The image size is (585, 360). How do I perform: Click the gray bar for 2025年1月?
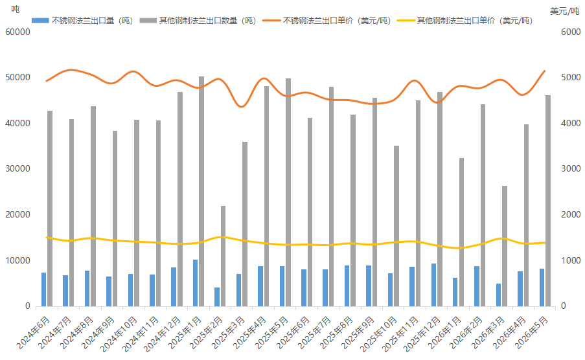pos(201,192)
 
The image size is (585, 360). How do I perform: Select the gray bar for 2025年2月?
pos(223,256)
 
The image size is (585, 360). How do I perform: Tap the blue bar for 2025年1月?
pos(195,283)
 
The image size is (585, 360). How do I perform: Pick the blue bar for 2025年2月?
pos(217,297)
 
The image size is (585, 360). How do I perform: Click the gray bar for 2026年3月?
pos(505,246)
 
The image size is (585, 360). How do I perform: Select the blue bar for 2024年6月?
pos(43,289)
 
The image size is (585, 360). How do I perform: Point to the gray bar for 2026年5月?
pos(548,201)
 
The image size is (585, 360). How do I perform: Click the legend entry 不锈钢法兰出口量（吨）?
pos(82,21)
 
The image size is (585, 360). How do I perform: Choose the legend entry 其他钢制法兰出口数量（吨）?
pos(198,21)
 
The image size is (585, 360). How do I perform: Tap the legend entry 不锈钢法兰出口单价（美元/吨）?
pos(327,21)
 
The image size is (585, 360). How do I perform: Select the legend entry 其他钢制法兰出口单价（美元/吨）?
pos(465,21)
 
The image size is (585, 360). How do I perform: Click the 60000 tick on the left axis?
pos(18,32)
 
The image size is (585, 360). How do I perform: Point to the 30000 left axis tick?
pos(18,169)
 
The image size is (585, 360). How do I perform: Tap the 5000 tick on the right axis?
pos(571,78)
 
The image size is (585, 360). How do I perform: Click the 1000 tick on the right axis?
pos(571,260)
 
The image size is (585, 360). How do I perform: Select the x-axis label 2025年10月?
pos(378,334)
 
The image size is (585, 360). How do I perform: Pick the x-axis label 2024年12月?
pos(163,334)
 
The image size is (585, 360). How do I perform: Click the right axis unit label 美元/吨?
pos(564,12)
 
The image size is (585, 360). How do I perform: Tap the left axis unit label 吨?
pos(16,9)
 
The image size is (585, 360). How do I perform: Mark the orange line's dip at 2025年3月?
pos(242,107)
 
